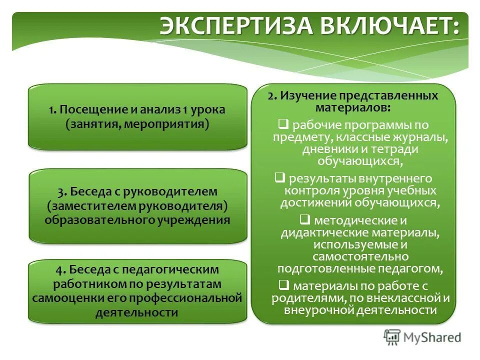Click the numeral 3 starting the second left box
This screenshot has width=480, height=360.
(x=60, y=191)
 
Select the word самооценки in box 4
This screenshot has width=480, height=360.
(x=64, y=298)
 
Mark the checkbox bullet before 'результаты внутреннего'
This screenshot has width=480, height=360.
(x=280, y=177)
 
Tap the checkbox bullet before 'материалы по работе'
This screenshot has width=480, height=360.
(x=283, y=285)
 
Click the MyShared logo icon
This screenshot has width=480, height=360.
(x=392, y=337)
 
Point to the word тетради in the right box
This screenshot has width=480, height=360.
(x=400, y=149)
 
